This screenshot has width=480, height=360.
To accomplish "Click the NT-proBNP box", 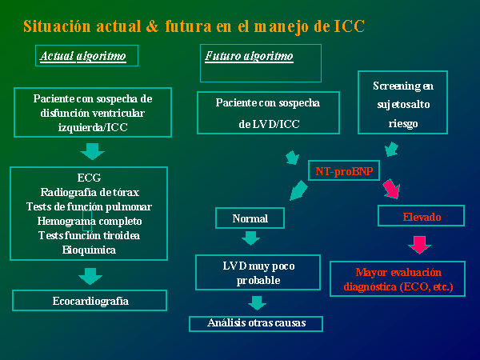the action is (344, 170).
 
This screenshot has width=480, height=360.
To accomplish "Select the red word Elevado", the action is (422, 217).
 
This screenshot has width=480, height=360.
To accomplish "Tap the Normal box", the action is (250, 218).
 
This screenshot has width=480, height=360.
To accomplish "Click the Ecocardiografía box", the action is (90, 300).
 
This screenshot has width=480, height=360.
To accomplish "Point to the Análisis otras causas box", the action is (256, 323).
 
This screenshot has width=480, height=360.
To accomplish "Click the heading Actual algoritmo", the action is (83, 56).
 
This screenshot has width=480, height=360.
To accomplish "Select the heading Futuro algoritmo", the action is (249, 56).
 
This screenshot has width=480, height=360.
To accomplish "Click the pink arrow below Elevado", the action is (419, 245).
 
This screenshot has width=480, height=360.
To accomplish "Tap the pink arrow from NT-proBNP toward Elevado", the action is (392, 189).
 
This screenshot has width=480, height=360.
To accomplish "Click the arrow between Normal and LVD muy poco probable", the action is (250, 238).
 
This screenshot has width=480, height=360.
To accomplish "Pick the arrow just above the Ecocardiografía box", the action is (90, 276).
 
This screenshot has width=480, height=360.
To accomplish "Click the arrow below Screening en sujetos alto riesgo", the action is (391, 149).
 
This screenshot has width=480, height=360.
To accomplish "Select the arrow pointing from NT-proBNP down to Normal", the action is (298, 190).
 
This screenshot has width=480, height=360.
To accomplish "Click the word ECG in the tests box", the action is (89, 178).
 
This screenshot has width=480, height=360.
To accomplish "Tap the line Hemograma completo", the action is (90, 221).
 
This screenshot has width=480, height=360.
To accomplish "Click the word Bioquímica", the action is (89, 250).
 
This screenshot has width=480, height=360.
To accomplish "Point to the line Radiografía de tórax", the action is (90, 192).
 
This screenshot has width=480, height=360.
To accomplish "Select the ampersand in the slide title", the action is (152, 26).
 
